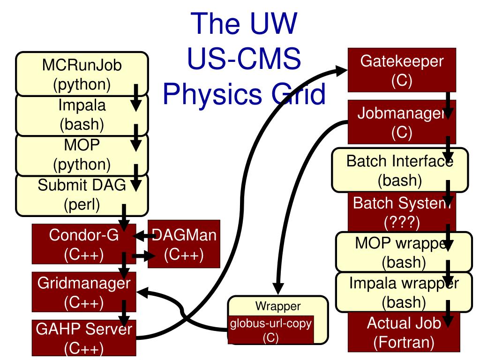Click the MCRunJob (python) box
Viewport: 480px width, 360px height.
pos(82,74)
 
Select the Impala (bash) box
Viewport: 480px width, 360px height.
pos(82,114)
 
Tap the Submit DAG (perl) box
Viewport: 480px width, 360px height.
pos(82,195)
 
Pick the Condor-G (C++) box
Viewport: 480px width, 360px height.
pos(84,244)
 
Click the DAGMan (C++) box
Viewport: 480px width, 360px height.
pos(184,244)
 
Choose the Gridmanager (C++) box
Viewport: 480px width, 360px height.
pos(84,292)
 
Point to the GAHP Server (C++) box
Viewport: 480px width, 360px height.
pos(84,338)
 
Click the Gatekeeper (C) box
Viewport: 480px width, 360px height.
pos(402,70)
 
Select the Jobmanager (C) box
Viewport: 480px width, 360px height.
pos(402,122)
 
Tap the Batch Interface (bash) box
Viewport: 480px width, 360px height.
pos(400,170)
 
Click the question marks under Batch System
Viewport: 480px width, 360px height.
pos(402,222)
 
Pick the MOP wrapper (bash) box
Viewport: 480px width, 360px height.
pos(404,252)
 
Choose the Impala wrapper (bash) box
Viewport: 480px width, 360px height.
pos(404,292)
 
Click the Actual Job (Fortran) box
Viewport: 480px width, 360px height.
pos(404,332)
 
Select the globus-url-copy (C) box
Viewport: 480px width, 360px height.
pos(271,330)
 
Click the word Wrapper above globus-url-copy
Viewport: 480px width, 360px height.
pos(278,306)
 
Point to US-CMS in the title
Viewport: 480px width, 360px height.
pos(244,58)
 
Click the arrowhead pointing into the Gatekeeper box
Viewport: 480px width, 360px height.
pos(341,70)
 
